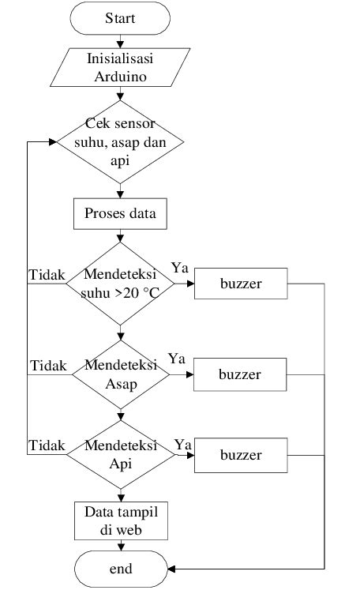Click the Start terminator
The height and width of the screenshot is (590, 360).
pyautogui.click(x=120, y=18)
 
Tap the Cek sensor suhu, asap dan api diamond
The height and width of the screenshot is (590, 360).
pyautogui.click(x=120, y=143)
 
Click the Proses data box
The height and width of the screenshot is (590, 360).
pyautogui.click(x=120, y=213)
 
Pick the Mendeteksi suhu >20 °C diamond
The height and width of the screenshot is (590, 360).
pyautogui.click(x=120, y=283)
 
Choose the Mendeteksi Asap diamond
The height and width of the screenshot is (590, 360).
pyautogui.click(x=120, y=374)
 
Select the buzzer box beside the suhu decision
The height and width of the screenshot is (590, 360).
pyautogui.click(x=239, y=283)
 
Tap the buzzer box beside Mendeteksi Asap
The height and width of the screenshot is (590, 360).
pyautogui.click(x=239, y=374)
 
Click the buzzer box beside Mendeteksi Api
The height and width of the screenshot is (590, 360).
pyautogui.click(x=239, y=455)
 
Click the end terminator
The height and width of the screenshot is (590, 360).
pyautogui.click(x=120, y=569)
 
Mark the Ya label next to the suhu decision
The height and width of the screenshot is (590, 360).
pyautogui.click(x=178, y=268)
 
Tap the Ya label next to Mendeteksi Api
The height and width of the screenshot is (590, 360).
pyautogui.click(x=182, y=445)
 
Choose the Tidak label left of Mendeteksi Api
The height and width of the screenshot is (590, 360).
pyautogui.click(x=47, y=446)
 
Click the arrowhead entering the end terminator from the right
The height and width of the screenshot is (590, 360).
pyautogui.click(x=171, y=569)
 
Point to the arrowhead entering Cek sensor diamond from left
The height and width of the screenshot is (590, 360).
pyautogui.click(x=53, y=143)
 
